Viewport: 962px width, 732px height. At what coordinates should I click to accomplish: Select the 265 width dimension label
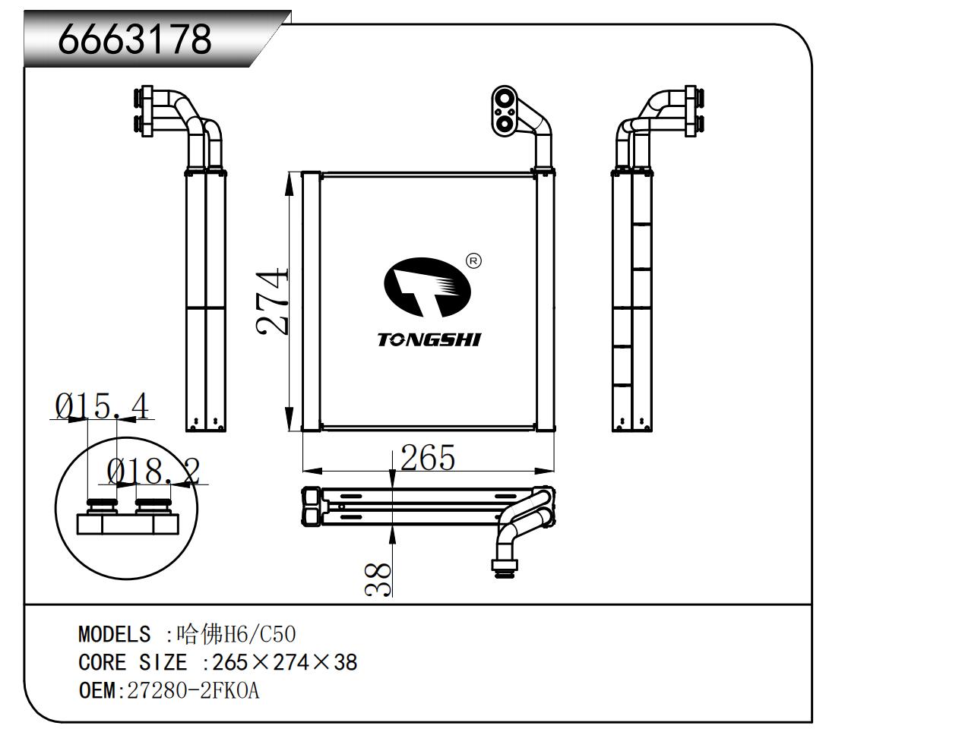(x=427, y=458)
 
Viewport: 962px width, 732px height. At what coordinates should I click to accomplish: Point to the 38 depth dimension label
(x=378, y=579)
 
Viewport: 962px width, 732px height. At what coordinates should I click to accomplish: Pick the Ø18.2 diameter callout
(x=153, y=472)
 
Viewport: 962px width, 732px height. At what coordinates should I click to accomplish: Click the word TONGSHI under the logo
(x=429, y=339)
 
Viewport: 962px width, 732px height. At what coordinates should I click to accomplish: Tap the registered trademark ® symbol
(x=473, y=261)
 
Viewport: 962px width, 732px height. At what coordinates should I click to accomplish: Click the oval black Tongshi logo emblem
(x=426, y=287)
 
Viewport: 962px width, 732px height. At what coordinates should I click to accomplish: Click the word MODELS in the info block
(x=114, y=634)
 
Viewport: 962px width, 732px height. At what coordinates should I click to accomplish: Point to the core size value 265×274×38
(x=284, y=663)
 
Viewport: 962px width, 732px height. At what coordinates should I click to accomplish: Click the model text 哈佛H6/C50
(x=236, y=634)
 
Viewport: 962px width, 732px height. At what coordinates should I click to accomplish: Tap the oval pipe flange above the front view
(x=505, y=112)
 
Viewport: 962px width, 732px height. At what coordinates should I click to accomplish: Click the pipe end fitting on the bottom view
(x=503, y=566)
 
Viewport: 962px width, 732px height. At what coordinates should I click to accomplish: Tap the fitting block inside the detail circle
(x=128, y=522)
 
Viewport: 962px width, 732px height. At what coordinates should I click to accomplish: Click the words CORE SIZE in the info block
(x=132, y=663)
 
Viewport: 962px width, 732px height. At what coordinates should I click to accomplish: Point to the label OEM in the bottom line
(x=96, y=691)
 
